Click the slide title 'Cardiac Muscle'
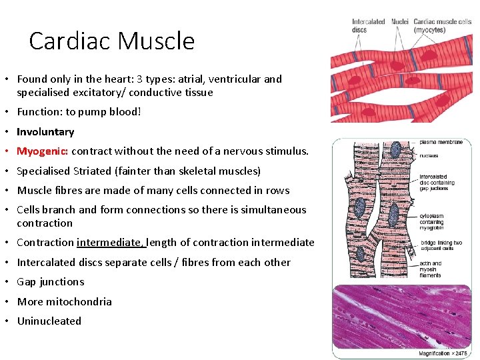(112, 41)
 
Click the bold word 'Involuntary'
(45, 132)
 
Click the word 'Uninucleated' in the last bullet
(49, 321)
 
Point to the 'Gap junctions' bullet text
(51, 282)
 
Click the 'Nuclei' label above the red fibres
(400, 22)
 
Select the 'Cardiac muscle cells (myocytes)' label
(442, 26)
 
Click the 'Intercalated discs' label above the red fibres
(369, 26)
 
